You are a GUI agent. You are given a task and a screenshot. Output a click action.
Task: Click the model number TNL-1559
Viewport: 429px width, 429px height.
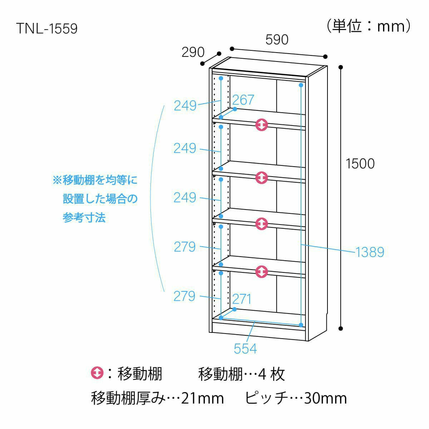46,29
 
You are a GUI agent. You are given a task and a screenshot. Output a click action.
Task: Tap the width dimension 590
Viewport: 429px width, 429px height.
277,39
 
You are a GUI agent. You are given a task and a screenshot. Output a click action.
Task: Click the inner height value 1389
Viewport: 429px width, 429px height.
370,252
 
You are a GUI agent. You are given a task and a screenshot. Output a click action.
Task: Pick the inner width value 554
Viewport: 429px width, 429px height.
245,348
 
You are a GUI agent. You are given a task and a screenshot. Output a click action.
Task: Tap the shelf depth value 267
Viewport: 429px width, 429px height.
243,99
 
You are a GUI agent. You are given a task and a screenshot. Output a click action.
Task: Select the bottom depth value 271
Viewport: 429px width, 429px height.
242,299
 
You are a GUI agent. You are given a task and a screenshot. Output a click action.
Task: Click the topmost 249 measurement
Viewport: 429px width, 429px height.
185,105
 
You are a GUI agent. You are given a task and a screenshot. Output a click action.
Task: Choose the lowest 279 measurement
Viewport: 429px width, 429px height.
184,296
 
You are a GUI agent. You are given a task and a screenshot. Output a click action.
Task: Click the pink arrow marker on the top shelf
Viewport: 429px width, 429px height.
262,125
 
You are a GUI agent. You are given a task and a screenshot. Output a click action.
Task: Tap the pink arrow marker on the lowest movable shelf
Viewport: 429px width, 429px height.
262,272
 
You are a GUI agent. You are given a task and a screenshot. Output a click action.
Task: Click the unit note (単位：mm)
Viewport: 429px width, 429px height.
368,26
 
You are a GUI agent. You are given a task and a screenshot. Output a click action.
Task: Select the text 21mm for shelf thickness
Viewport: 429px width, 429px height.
202,398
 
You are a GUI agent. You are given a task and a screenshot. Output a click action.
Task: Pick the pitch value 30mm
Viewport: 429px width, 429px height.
325,398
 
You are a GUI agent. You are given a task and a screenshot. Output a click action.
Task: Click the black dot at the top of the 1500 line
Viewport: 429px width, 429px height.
341,67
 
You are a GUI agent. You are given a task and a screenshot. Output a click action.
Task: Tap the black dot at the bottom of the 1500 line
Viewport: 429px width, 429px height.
341,328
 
